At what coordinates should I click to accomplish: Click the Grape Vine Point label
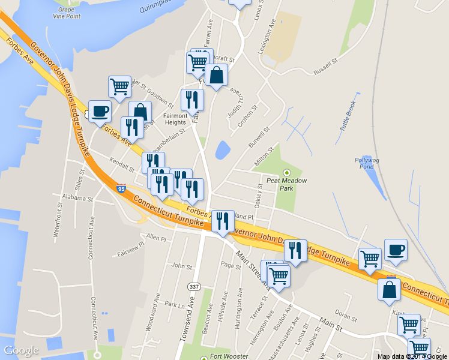[x=65, y=13]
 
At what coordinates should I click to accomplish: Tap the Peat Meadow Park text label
[x=287, y=184]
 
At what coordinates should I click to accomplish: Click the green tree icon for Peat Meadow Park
[x=286, y=172]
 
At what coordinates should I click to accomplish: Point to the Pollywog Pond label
[x=365, y=163]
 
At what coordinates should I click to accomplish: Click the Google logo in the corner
[x=21, y=350]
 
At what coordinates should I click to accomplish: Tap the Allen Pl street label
[x=156, y=238]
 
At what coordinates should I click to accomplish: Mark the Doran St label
[x=342, y=313]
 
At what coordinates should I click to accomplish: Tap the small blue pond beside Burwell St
[x=221, y=149]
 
